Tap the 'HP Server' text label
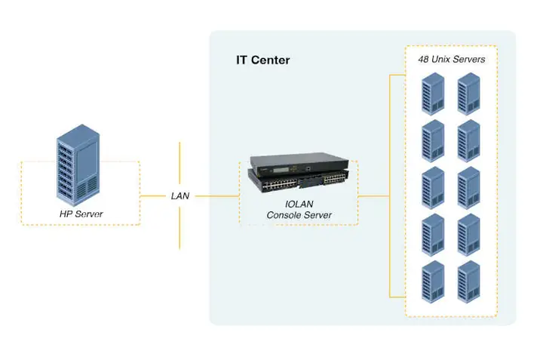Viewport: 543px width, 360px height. pos(81,214)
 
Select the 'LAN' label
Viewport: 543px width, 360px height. pos(180,195)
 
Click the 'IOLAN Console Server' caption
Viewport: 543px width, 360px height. pos(299,210)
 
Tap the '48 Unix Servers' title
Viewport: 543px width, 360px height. pos(452,59)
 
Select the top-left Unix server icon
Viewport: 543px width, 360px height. pos(432,92)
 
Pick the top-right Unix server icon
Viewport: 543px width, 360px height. pos(469,92)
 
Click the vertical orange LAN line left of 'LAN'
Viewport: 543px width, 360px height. pos(179,162)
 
